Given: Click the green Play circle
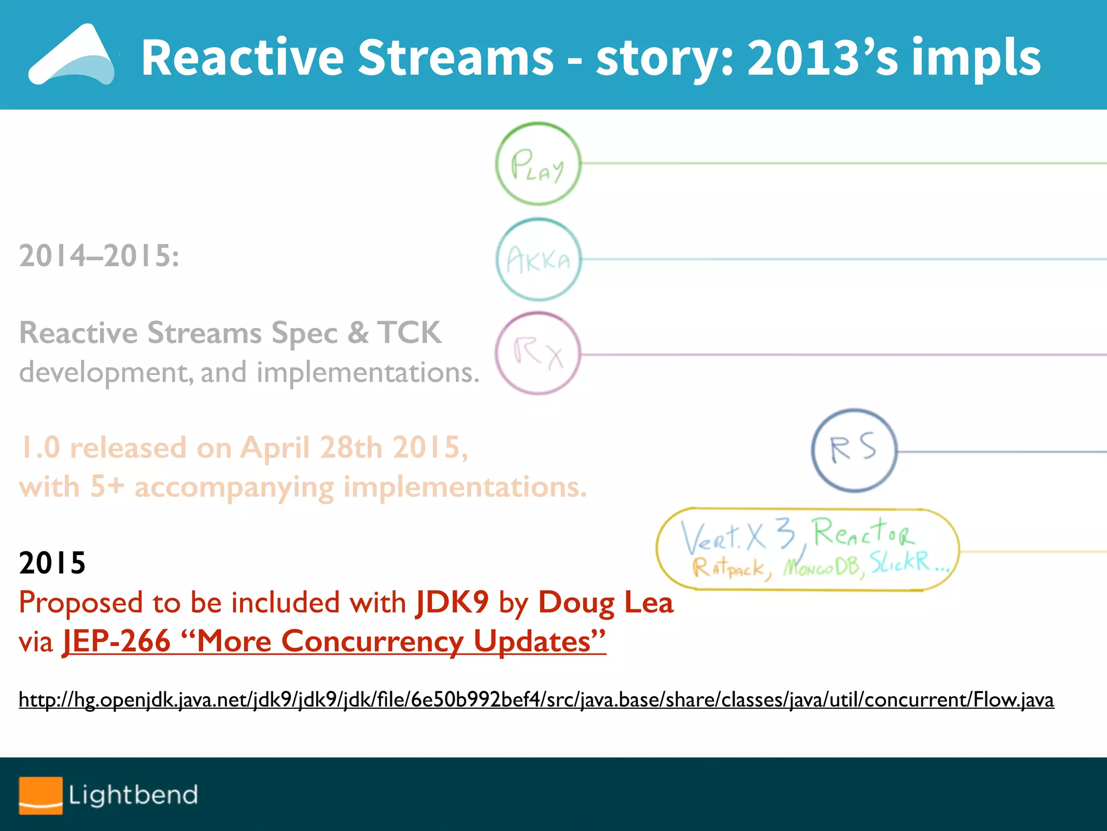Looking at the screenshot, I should [x=538, y=163].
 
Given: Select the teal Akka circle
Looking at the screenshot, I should [x=538, y=260].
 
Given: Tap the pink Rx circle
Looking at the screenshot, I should [x=538, y=353].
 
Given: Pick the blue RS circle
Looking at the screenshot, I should [x=853, y=450].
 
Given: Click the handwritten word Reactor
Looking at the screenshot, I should [x=864, y=532].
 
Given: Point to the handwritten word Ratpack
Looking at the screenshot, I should [x=730, y=568].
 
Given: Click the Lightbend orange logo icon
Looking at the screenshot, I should [x=41, y=795].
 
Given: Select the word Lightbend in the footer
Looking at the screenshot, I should [x=133, y=795].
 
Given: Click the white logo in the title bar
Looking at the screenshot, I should [x=71, y=55].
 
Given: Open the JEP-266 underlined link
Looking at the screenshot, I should [x=334, y=642].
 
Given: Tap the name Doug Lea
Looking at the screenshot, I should [x=606, y=602].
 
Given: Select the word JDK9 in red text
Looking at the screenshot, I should [x=452, y=602].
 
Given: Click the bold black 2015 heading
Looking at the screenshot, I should [x=52, y=563].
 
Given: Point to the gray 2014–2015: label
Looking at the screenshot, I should [x=99, y=255].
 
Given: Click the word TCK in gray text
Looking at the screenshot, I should [x=409, y=332].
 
